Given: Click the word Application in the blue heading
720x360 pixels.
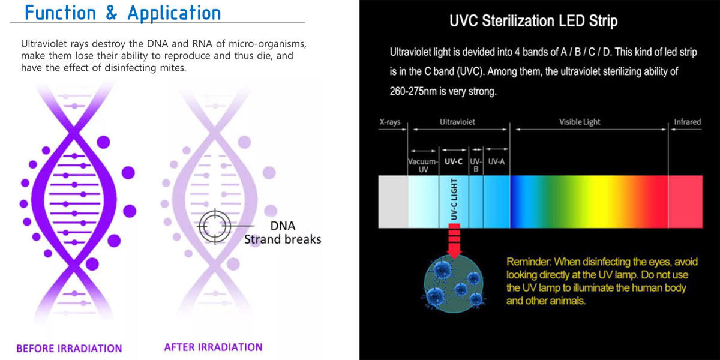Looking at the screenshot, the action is point(174,13).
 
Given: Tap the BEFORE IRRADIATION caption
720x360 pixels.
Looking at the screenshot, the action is point(69,348).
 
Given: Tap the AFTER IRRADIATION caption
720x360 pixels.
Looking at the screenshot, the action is point(213,347).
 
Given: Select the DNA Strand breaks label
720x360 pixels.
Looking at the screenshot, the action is point(283,233).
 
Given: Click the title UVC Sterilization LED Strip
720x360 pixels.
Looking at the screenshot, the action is point(533,22).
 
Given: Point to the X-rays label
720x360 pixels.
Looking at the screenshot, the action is point(390,122).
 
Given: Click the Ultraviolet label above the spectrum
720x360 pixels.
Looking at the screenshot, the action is point(458,122).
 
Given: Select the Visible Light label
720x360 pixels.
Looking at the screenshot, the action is point(580,122).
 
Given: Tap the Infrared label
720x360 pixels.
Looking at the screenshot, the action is point(687,122).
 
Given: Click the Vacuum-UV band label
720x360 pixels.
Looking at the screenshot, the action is point(422,166).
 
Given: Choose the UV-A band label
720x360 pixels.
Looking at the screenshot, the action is point(496,161).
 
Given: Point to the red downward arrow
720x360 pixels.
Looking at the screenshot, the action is point(454,239).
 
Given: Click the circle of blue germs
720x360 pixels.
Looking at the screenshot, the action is point(454,282).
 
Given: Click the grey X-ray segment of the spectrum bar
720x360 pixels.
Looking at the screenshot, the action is point(393,202).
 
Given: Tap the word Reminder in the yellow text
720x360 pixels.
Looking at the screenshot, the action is point(529,262).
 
